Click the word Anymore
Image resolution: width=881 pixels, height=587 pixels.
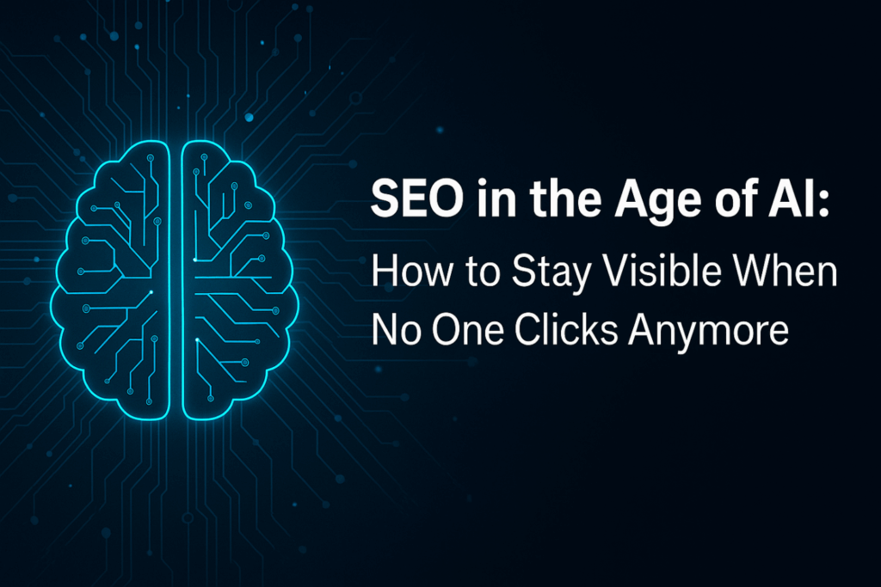coord(709,333)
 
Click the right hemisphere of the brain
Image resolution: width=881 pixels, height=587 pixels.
coord(241,279)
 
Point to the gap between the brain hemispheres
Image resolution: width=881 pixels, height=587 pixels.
coord(176,279)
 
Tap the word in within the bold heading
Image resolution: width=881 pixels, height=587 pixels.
coord(496,199)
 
